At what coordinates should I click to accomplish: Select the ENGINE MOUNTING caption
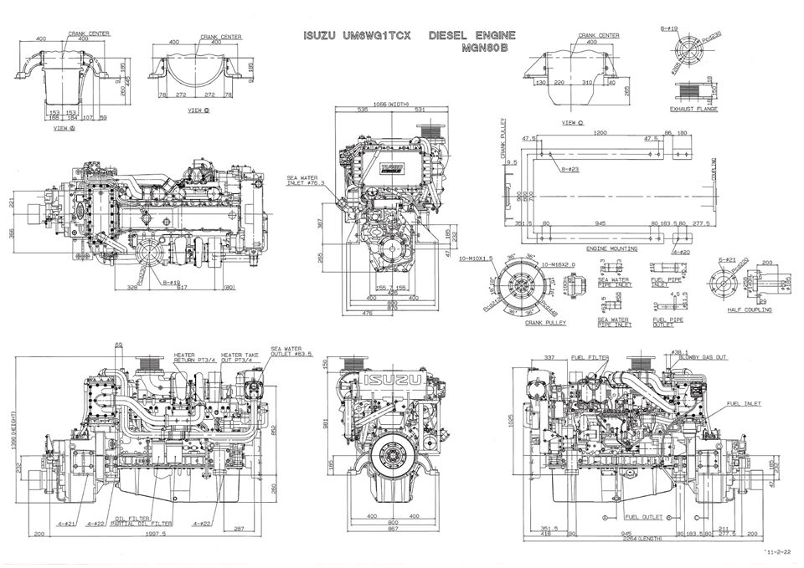(611, 248)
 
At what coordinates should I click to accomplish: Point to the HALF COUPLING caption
(750, 310)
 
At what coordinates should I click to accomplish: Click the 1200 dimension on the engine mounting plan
(599, 132)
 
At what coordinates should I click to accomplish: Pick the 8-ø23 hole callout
(570, 169)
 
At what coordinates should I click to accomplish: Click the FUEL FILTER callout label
(590, 357)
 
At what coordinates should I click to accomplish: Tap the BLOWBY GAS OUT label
(699, 357)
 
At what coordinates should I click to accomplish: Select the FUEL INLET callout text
(745, 403)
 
